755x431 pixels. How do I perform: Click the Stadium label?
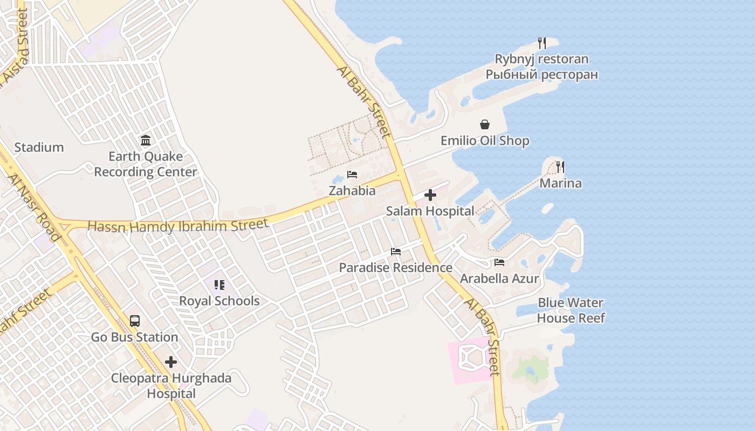coord(39,147)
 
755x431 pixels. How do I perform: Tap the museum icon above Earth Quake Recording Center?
coord(146,141)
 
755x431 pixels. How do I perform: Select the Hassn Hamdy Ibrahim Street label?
coord(177,226)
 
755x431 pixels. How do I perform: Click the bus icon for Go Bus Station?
coord(135,321)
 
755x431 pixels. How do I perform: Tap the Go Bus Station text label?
coord(134,337)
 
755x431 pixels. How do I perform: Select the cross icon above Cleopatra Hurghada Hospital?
coord(171,362)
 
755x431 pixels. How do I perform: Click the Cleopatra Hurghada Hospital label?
coord(171,386)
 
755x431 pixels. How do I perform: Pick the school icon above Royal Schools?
coord(219,285)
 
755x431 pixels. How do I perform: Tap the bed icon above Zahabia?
coord(352,175)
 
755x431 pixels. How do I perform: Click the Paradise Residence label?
coord(395,267)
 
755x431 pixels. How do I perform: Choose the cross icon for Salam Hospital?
coord(430,195)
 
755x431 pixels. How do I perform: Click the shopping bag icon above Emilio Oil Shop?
coord(485,125)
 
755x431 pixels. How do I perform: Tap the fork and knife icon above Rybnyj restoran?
coord(542,43)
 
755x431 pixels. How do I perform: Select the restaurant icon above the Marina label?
coord(560,167)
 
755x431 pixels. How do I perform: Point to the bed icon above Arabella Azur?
coord(499,262)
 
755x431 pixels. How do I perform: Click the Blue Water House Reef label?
coord(571,310)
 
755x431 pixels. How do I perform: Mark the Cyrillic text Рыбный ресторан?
coord(541,74)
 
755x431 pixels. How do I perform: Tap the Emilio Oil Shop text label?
coord(485,141)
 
